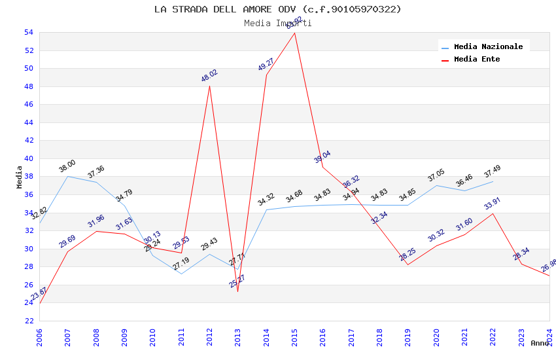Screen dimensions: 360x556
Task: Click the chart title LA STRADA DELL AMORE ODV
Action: (278, 9)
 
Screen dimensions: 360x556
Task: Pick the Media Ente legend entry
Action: (477, 60)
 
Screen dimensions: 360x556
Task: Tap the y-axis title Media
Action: (19, 177)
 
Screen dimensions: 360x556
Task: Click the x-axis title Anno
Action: (540, 343)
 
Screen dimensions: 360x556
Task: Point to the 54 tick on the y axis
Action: (28, 33)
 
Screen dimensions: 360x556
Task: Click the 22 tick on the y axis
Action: (28, 321)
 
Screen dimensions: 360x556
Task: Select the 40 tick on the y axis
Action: (28, 158)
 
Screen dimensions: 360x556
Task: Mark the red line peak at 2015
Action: (294, 33)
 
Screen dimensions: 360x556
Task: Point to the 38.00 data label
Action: (67, 166)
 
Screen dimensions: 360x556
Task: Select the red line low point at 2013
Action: (237, 291)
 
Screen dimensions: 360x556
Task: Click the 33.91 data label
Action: (492, 204)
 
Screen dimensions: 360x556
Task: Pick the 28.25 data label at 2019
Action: (408, 255)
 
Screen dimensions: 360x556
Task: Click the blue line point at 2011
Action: (181, 274)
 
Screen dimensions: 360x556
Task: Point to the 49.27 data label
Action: (266, 64)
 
